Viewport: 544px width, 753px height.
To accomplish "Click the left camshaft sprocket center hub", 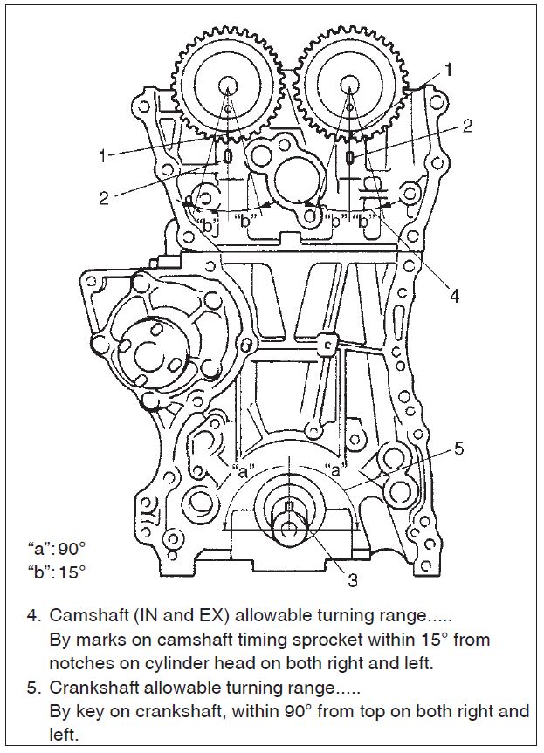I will tap(229, 86).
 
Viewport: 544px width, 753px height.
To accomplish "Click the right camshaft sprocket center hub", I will tap(349, 86).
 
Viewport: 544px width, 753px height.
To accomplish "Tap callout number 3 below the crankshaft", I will tap(352, 578).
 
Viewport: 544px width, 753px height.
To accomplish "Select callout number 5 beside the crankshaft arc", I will tap(459, 449).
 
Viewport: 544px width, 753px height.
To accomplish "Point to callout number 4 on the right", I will tap(454, 296).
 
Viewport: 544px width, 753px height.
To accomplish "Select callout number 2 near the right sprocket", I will tap(467, 126).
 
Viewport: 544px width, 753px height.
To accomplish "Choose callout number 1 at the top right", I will tap(449, 67).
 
